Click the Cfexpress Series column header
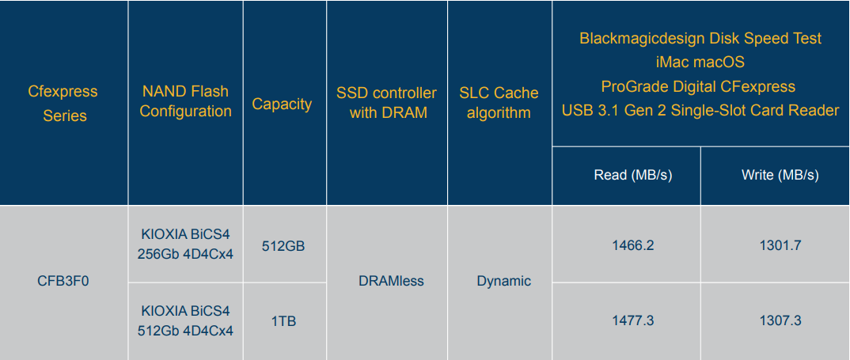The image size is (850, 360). coord(63,103)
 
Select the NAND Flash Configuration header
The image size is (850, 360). coord(185,101)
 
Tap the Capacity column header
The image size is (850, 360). coord(282,104)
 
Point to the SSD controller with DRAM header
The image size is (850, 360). coord(386,103)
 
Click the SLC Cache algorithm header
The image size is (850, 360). coord(499,103)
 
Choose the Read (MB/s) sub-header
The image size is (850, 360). coord(625,175)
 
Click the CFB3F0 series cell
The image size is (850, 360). coord(63,282)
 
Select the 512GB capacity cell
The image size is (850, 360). coord(283,245)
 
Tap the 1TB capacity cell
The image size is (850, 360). coord(283,321)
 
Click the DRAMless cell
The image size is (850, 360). coord(392,281)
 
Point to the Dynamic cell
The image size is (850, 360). coord(503,281)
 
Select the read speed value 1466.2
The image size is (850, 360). coord(633,245)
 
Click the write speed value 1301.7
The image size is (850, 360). coord(780,245)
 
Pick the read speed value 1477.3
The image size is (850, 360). coord(633,321)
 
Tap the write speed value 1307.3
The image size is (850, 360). coord(780,321)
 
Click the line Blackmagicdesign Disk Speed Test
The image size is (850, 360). coord(700,39)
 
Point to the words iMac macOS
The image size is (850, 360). coord(700,63)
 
